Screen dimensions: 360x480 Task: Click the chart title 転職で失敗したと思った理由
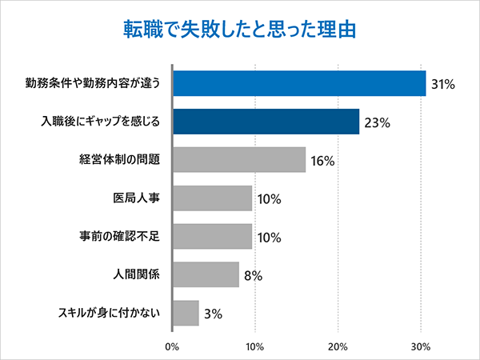click(239, 29)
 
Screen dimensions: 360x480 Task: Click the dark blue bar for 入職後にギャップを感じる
click(266, 122)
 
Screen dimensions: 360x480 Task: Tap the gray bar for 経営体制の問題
click(239, 160)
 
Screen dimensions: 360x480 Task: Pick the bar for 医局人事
click(213, 198)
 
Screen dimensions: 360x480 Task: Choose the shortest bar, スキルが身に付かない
click(186, 312)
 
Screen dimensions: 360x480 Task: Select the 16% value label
click(322, 161)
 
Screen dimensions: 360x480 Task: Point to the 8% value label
click(253, 275)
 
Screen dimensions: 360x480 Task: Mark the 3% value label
click(213, 314)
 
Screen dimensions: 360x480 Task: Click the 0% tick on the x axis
click(172, 346)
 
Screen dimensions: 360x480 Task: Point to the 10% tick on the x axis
click(254, 346)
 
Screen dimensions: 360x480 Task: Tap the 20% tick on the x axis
click(338, 346)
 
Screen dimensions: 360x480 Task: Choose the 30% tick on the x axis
click(421, 346)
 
